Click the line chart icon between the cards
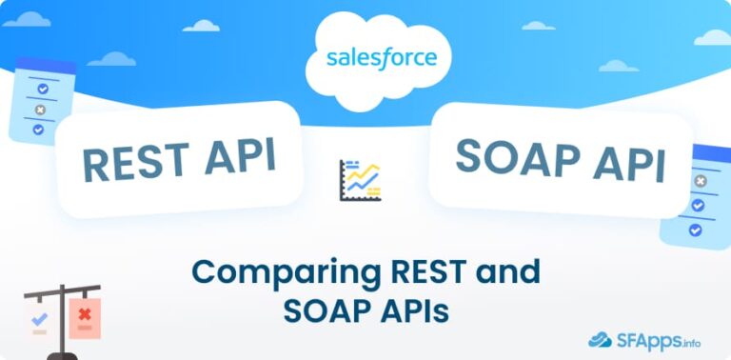point(360,181)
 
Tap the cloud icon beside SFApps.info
point(600,338)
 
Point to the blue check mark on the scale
point(39,319)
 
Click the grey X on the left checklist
point(40,109)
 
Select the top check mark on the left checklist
point(42,88)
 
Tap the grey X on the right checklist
point(701,181)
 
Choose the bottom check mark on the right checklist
point(696,230)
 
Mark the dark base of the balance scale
point(63,355)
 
